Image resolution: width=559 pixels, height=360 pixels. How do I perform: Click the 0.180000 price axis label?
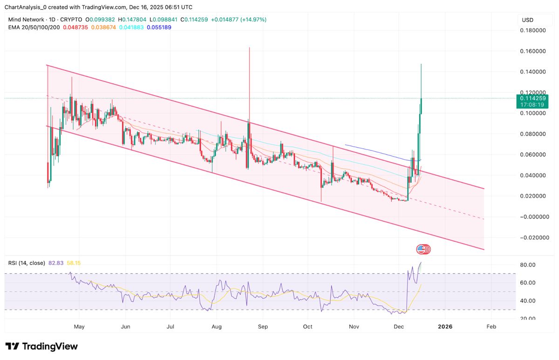click(534, 30)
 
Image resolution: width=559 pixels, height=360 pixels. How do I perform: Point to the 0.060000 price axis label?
click(534, 155)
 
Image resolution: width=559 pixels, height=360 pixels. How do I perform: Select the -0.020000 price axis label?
click(533, 238)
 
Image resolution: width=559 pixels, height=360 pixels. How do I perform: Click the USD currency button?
click(528, 20)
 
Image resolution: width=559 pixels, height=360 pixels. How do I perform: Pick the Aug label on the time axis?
click(216, 327)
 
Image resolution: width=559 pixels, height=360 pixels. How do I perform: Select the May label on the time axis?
click(79, 327)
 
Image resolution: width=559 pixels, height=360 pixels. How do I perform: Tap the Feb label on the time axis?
click(491, 327)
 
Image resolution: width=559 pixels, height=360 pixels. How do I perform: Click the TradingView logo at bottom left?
click(41, 346)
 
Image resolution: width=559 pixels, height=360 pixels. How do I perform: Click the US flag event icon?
click(421, 249)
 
